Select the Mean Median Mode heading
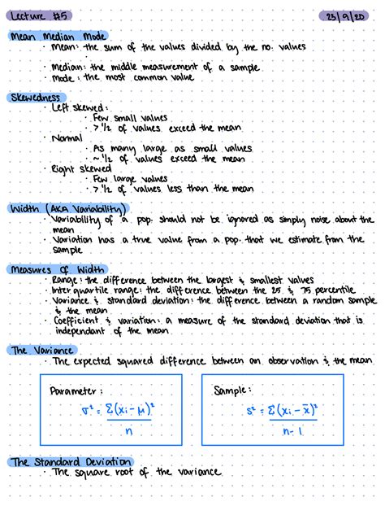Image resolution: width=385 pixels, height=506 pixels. pyautogui.click(x=57, y=37)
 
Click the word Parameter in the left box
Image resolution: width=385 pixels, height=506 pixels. pyautogui.click(x=75, y=390)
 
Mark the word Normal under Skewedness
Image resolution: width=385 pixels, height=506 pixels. pyautogui.click(x=67, y=138)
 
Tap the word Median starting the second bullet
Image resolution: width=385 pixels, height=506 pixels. pyautogui.click(x=68, y=67)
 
